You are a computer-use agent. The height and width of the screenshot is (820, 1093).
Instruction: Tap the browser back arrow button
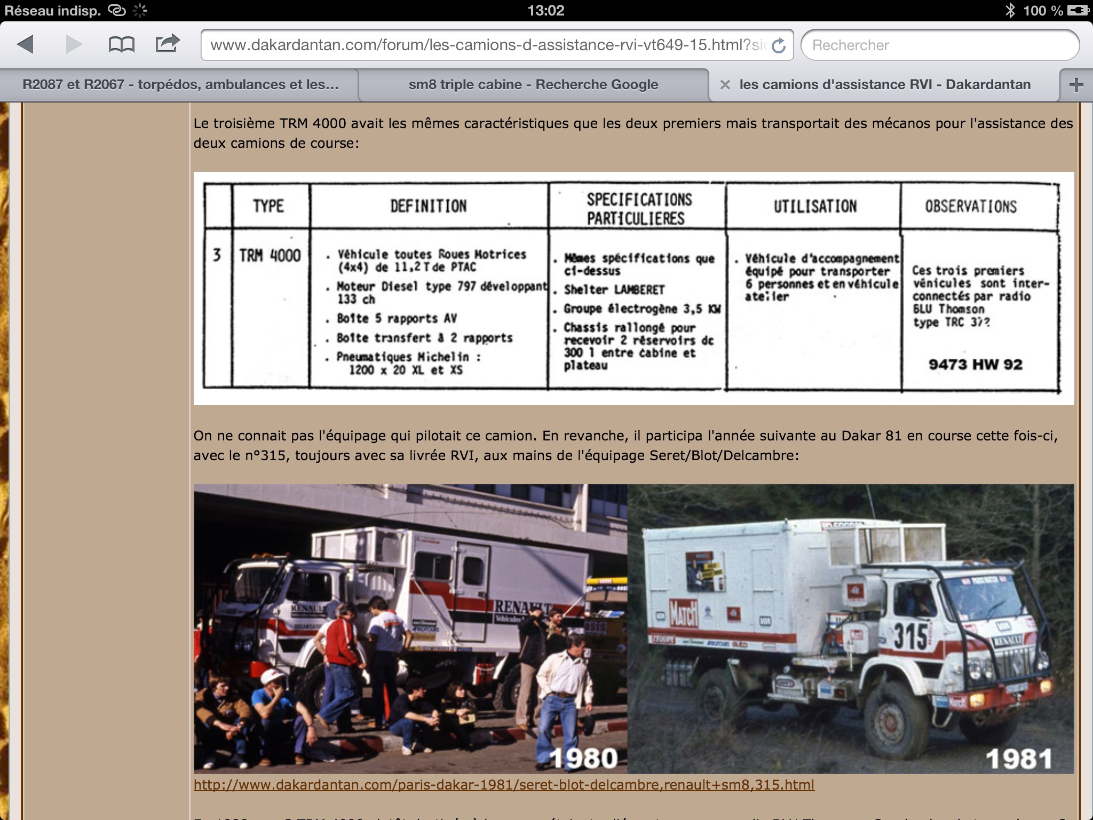(26, 44)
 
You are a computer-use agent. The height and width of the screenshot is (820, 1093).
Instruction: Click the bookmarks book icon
(121, 44)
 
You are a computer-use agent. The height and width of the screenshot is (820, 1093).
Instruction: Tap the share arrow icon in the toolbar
(167, 43)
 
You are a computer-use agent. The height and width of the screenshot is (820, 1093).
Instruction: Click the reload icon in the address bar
(779, 46)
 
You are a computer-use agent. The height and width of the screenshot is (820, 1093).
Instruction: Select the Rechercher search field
(939, 45)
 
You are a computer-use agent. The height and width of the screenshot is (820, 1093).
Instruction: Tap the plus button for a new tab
(1076, 84)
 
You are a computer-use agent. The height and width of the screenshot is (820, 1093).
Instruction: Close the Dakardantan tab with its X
(725, 84)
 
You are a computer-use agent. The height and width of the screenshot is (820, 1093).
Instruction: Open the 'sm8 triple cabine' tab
(533, 84)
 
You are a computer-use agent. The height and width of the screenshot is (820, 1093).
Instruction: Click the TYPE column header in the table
(268, 206)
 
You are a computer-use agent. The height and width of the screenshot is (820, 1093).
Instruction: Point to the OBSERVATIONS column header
(971, 207)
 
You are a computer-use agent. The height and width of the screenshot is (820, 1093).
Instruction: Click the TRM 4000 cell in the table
(270, 256)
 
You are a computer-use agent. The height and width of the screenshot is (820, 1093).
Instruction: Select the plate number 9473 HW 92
(975, 365)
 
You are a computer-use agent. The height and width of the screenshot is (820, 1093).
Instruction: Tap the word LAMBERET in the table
(639, 290)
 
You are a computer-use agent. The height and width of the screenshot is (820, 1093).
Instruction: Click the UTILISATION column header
(815, 207)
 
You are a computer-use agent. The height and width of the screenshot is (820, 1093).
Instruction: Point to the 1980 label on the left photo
(583, 758)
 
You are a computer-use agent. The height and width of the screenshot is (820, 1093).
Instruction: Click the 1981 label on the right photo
(1018, 758)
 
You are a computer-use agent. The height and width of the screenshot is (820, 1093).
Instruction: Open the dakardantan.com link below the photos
(504, 785)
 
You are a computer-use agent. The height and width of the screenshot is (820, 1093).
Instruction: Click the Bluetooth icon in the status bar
(1010, 11)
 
